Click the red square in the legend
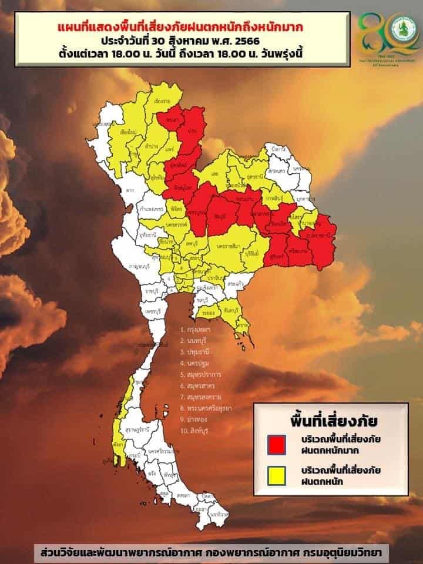tap(276, 444)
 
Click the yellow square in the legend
tap(276, 475)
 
